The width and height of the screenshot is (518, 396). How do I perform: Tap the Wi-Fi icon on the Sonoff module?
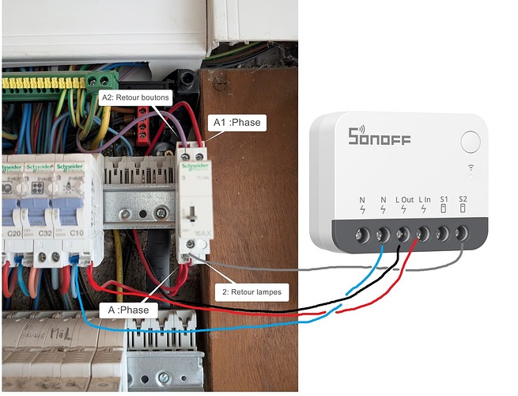click(471, 167)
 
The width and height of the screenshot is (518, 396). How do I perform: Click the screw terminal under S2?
click(462, 234)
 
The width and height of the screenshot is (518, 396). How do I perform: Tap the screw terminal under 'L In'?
click(423, 234)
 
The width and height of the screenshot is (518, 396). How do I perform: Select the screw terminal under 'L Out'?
click(403, 234)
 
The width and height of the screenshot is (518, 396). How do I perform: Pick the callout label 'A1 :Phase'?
click(235, 123)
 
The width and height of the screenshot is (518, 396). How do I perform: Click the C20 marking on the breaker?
click(13, 234)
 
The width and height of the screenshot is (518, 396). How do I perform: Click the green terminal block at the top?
click(102, 80)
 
